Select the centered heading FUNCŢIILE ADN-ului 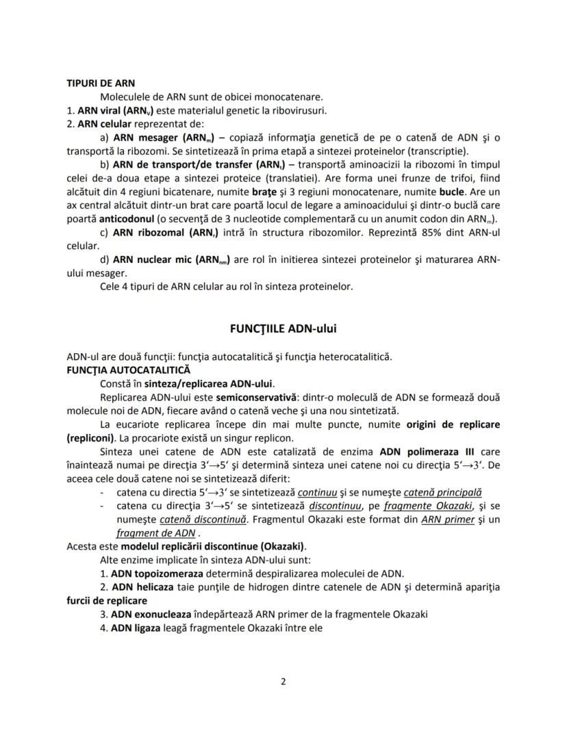(283, 329)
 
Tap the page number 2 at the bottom (283, 681)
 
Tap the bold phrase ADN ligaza (134, 627)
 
